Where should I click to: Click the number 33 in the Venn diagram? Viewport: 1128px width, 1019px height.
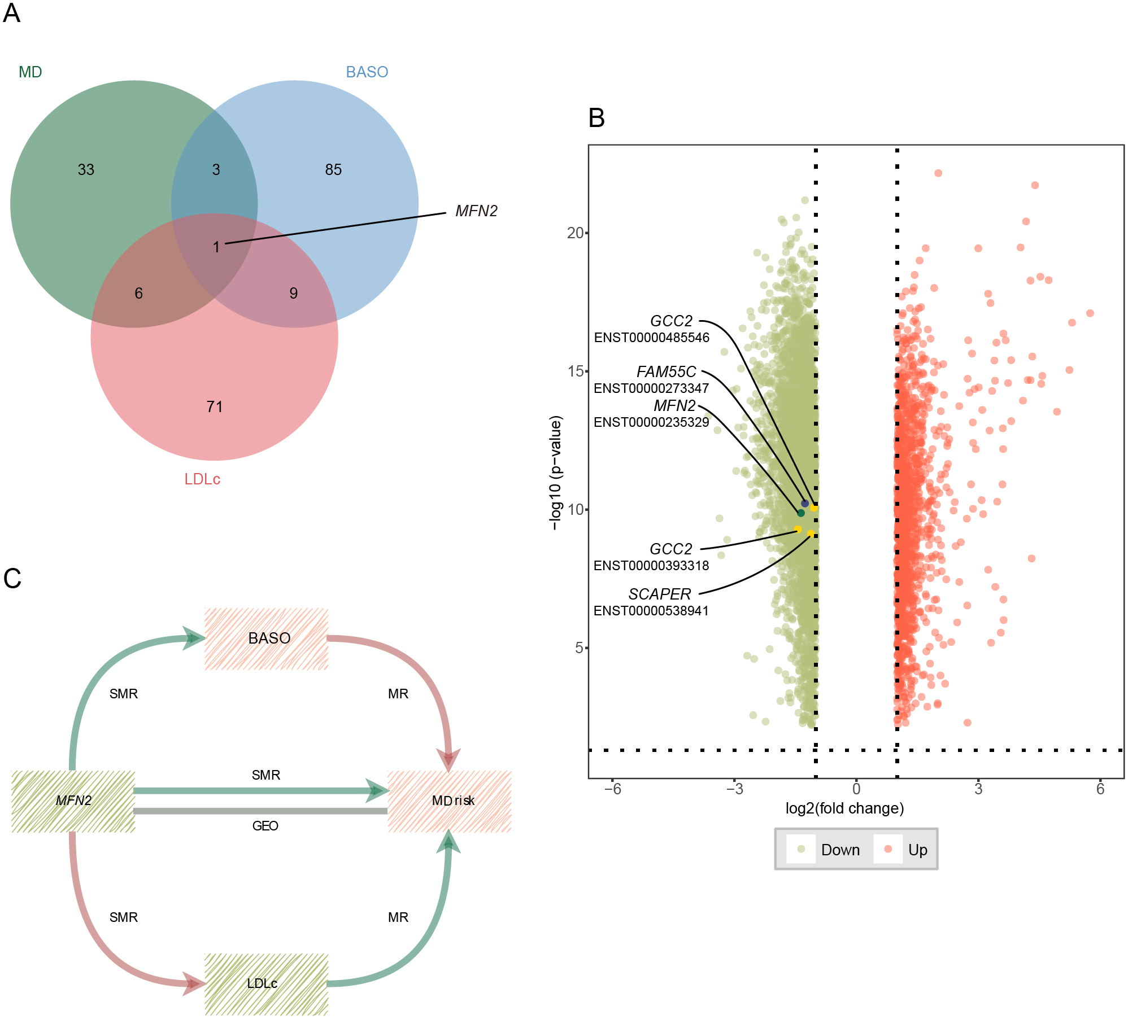[x=86, y=169]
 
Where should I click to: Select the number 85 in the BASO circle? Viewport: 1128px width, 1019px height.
[x=333, y=169]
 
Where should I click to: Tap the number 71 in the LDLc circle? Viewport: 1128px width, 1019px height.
[x=215, y=406]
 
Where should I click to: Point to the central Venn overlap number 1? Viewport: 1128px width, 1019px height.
[x=216, y=247]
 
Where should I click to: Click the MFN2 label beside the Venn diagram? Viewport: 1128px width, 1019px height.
[x=476, y=211]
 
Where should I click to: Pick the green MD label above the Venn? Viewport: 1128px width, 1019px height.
[x=31, y=72]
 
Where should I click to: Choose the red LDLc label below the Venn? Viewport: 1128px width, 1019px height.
[x=202, y=479]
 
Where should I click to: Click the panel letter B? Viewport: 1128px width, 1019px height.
[x=596, y=119]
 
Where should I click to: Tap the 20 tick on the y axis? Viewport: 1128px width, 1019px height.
[x=575, y=233]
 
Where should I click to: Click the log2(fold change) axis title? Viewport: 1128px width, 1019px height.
[x=844, y=808]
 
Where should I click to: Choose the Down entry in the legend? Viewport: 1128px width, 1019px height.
[x=840, y=850]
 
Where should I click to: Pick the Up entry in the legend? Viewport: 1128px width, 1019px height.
[x=917, y=850]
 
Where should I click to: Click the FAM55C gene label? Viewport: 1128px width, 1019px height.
[x=666, y=372]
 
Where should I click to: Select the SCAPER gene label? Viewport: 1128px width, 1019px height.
[x=659, y=594]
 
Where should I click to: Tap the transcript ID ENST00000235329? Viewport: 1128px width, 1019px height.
[x=651, y=422]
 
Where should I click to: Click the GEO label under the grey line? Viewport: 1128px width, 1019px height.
[x=265, y=826]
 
